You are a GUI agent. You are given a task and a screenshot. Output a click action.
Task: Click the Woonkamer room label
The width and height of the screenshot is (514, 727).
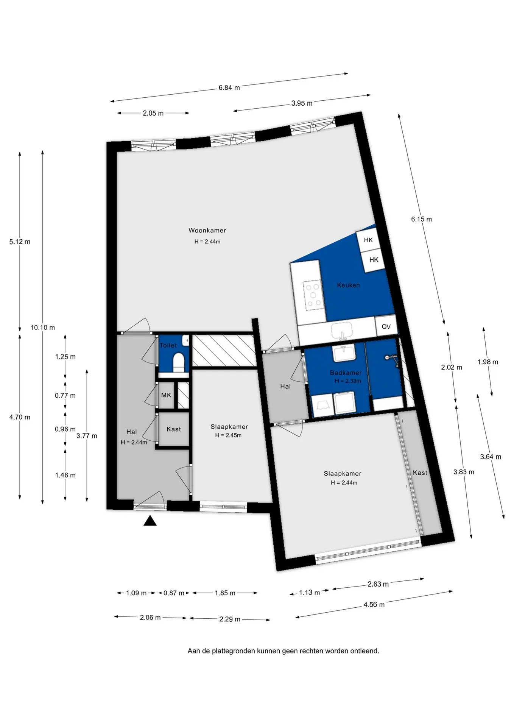pos(207,230)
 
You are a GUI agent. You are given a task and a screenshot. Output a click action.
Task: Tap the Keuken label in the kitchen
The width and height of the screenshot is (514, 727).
pos(348,285)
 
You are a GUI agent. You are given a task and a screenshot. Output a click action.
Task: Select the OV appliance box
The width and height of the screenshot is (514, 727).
pos(386,326)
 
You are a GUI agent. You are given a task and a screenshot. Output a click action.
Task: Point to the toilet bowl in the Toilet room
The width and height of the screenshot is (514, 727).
pos(178,363)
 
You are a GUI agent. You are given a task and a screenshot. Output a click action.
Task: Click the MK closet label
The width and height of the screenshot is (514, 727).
pos(166,395)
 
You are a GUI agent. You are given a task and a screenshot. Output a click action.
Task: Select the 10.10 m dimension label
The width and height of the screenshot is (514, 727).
pos(43,328)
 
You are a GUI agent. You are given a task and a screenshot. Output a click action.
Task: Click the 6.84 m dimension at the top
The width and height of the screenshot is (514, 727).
pos(229,88)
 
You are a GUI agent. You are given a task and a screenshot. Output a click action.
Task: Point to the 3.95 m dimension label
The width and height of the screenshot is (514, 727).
pos(302,103)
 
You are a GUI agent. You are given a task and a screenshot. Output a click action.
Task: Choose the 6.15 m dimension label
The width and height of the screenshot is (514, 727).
pos(422,219)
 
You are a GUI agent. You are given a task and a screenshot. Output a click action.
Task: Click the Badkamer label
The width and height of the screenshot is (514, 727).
pos(346,373)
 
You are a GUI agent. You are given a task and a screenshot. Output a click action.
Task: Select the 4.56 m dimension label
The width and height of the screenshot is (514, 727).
pos(374,605)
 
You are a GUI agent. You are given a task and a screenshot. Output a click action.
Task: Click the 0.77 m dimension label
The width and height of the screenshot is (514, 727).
pos(65,396)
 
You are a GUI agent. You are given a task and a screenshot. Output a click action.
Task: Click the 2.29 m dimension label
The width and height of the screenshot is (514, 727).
pos(230,619)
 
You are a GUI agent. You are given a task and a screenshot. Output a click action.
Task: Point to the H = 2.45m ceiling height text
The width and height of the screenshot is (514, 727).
pos(228,435)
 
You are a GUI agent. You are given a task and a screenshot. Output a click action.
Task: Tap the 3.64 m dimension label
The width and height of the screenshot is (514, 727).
pos(491,457)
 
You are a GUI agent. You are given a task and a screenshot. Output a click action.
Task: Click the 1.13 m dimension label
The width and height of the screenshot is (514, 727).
pos(310,593)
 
